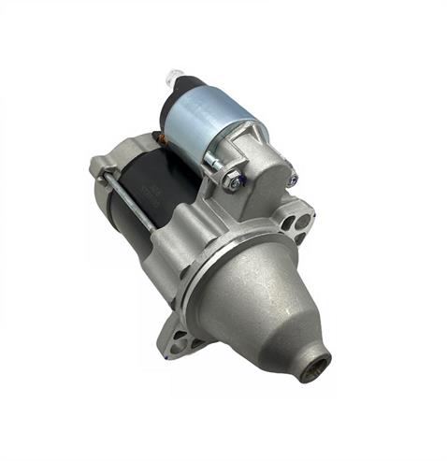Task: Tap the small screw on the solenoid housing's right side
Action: [291, 179]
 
